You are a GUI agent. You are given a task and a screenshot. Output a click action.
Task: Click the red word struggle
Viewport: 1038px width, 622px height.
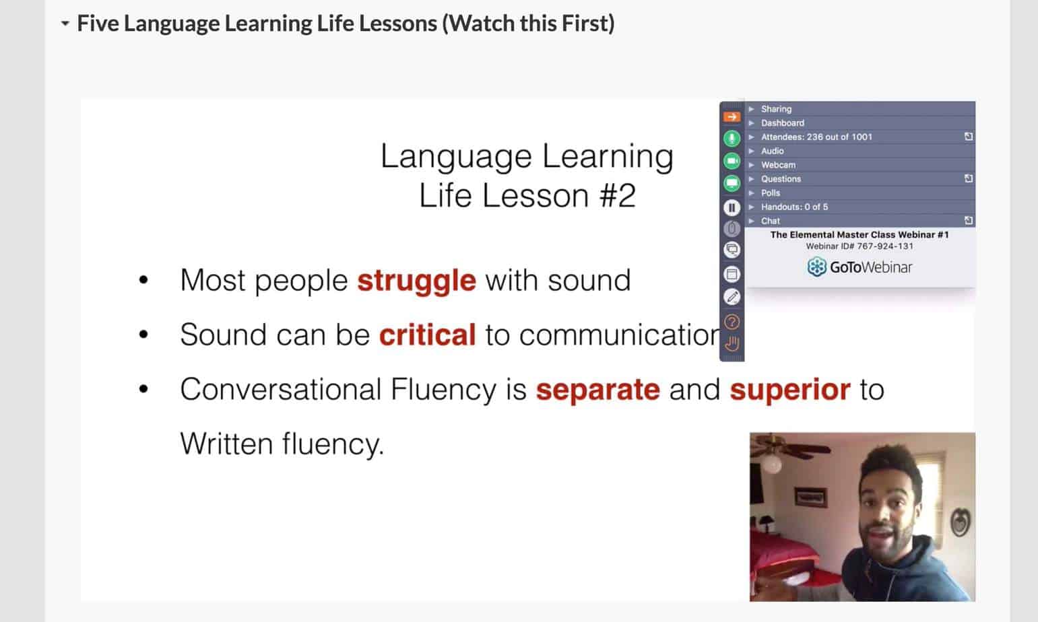point(416,281)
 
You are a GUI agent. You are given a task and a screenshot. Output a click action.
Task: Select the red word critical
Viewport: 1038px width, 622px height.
point(427,335)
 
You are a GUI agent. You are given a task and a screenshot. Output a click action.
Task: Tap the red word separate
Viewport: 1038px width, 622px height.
point(597,390)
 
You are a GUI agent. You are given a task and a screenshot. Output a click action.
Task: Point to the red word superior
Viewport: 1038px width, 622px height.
point(790,390)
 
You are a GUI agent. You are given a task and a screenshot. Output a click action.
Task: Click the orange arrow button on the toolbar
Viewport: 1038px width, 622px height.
point(732,116)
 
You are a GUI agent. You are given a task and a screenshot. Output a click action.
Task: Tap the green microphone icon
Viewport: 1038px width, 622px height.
point(732,138)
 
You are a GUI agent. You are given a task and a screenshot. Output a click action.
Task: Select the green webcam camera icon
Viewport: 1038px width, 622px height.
point(732,161)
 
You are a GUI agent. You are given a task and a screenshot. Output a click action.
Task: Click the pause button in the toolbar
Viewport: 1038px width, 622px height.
point(732,207)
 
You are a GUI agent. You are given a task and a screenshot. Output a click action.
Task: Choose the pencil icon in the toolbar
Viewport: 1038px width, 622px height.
point(732,297)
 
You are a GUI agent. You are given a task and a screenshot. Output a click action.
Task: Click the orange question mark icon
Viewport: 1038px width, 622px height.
point(732,322)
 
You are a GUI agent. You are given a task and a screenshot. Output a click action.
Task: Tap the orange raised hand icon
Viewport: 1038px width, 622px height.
point(732,344)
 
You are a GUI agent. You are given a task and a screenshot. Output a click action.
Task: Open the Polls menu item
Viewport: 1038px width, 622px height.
point(770,193)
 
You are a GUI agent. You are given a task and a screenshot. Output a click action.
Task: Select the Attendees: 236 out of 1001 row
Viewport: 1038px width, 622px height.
point(816,137)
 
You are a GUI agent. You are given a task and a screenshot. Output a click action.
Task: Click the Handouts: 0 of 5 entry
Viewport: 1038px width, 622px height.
point(794,207)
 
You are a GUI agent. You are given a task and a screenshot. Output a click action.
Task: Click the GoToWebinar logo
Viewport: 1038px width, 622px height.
point(859,267)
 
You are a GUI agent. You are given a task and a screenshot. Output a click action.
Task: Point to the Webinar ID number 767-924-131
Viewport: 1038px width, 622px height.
point(885,246)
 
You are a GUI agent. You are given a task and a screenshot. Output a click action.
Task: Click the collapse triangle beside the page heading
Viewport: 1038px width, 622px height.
point(65,23)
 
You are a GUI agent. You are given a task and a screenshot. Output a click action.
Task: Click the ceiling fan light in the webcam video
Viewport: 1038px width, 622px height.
point(772,464)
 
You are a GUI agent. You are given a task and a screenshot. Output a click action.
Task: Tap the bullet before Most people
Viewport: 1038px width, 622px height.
point(143,280)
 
